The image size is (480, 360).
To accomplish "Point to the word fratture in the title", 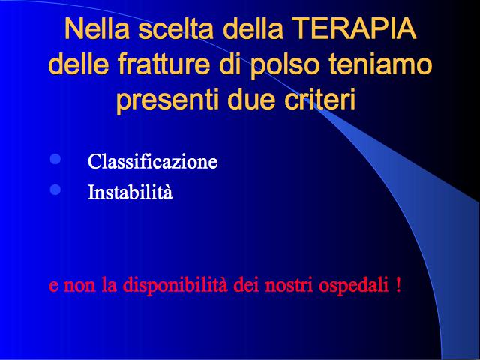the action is coord(163,64).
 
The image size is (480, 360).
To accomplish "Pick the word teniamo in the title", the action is coord(380,64).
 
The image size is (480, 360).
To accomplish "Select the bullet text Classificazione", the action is coord(152,161).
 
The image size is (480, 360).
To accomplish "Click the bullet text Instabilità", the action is coord(130,192).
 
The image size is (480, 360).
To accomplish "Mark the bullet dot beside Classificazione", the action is coord(55,159).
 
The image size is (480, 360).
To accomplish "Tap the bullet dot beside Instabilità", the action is coord(55,190).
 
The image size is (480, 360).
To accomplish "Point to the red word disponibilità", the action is coord(175,285).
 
